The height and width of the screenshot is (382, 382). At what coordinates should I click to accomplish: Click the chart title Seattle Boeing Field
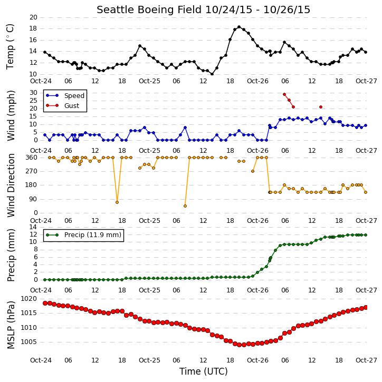pyautogui.click(x=149, y=9)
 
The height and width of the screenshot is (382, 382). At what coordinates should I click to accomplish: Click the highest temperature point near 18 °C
pyautogui.click(x=239, y=27)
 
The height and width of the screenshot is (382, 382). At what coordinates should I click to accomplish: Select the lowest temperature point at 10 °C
pyautogui.click(x=212, y=74)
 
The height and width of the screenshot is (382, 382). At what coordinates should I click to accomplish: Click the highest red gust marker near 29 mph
pyautogui.click(x=284, y=94)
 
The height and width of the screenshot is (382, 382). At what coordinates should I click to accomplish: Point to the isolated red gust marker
pyautogui.click(x=321, y=107)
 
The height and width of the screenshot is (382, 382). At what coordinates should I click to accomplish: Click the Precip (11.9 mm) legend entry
pyautogui.click(x=84, y=235)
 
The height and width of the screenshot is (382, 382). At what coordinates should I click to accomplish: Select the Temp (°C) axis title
pyautogui.click(x=10, y=46)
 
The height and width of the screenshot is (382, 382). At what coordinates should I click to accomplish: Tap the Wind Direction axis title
pyautogui.click(x=11, y=185)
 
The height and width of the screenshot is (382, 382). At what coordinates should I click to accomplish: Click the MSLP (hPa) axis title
pyautogui.click(x=11, y=325)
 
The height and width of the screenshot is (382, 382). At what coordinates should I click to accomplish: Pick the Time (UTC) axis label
pyautogui.click(x=204, y=371)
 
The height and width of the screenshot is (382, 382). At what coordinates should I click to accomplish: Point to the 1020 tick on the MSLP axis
pyautogui.click(x=28, y=299)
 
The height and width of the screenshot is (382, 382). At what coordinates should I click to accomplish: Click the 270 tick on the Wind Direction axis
pyautogui.click(x=32, y=171)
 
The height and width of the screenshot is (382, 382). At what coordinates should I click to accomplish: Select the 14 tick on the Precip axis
pyautogui.click(x=33, y=227)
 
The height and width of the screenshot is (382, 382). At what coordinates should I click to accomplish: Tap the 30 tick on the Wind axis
pyautogui.click(x=33, y=93)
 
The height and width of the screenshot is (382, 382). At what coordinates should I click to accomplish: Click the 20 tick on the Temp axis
pyautogui.click(x=33, y=17)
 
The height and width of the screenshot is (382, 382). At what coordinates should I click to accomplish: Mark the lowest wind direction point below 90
pyautogui.click(x=185, y=206)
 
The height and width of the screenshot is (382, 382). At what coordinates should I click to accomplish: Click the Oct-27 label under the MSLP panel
pyautogui.click(x=366, y=360)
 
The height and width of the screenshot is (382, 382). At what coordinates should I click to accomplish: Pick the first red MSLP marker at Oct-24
pyautogui.click(x=45, y=303)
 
